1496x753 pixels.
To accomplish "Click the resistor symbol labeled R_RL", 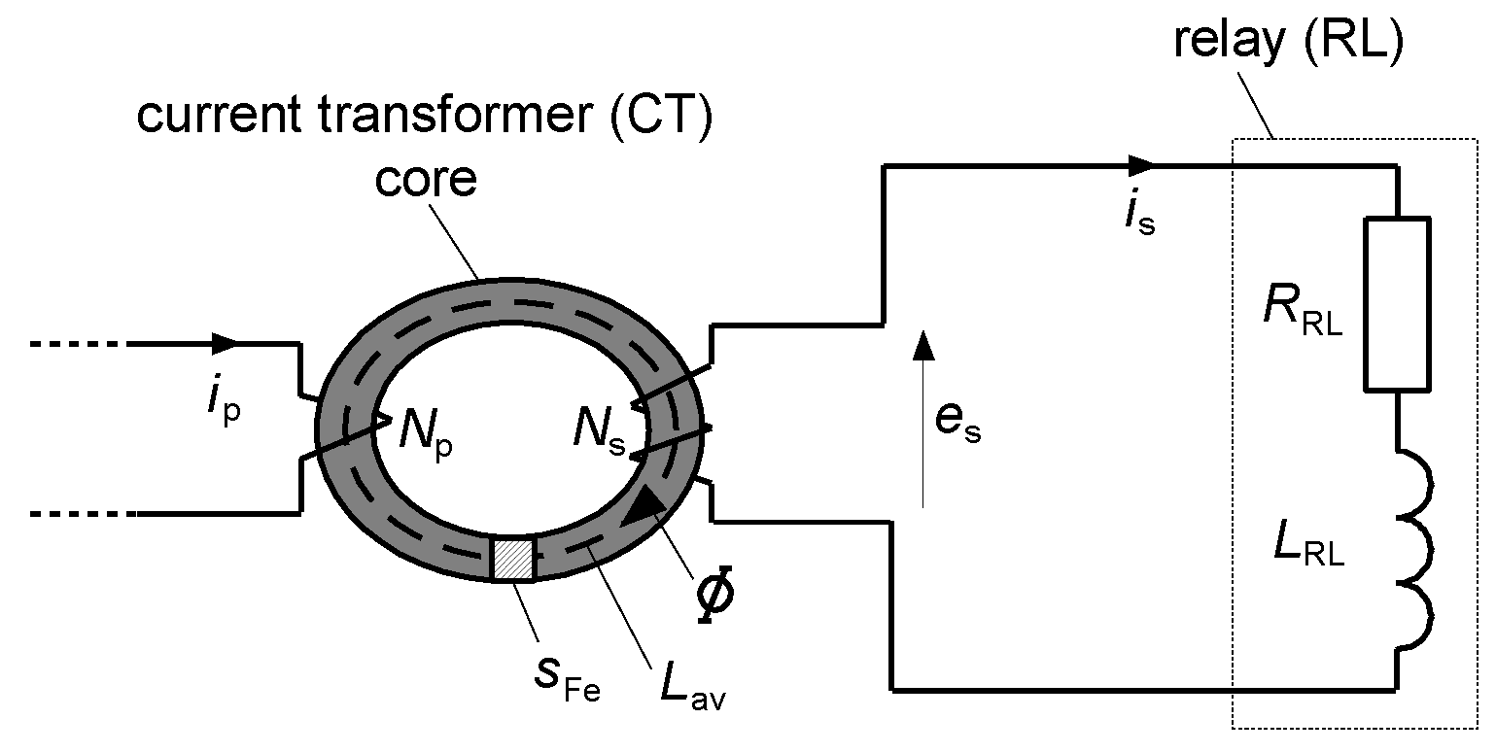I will pos(1398,304).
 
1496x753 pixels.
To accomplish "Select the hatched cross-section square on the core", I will pos(513,559).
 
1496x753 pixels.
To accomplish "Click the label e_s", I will pos(957,425).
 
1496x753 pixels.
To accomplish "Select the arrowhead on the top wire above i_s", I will pos(1143,164).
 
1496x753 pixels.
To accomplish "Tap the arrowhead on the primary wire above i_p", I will pos(226,343).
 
